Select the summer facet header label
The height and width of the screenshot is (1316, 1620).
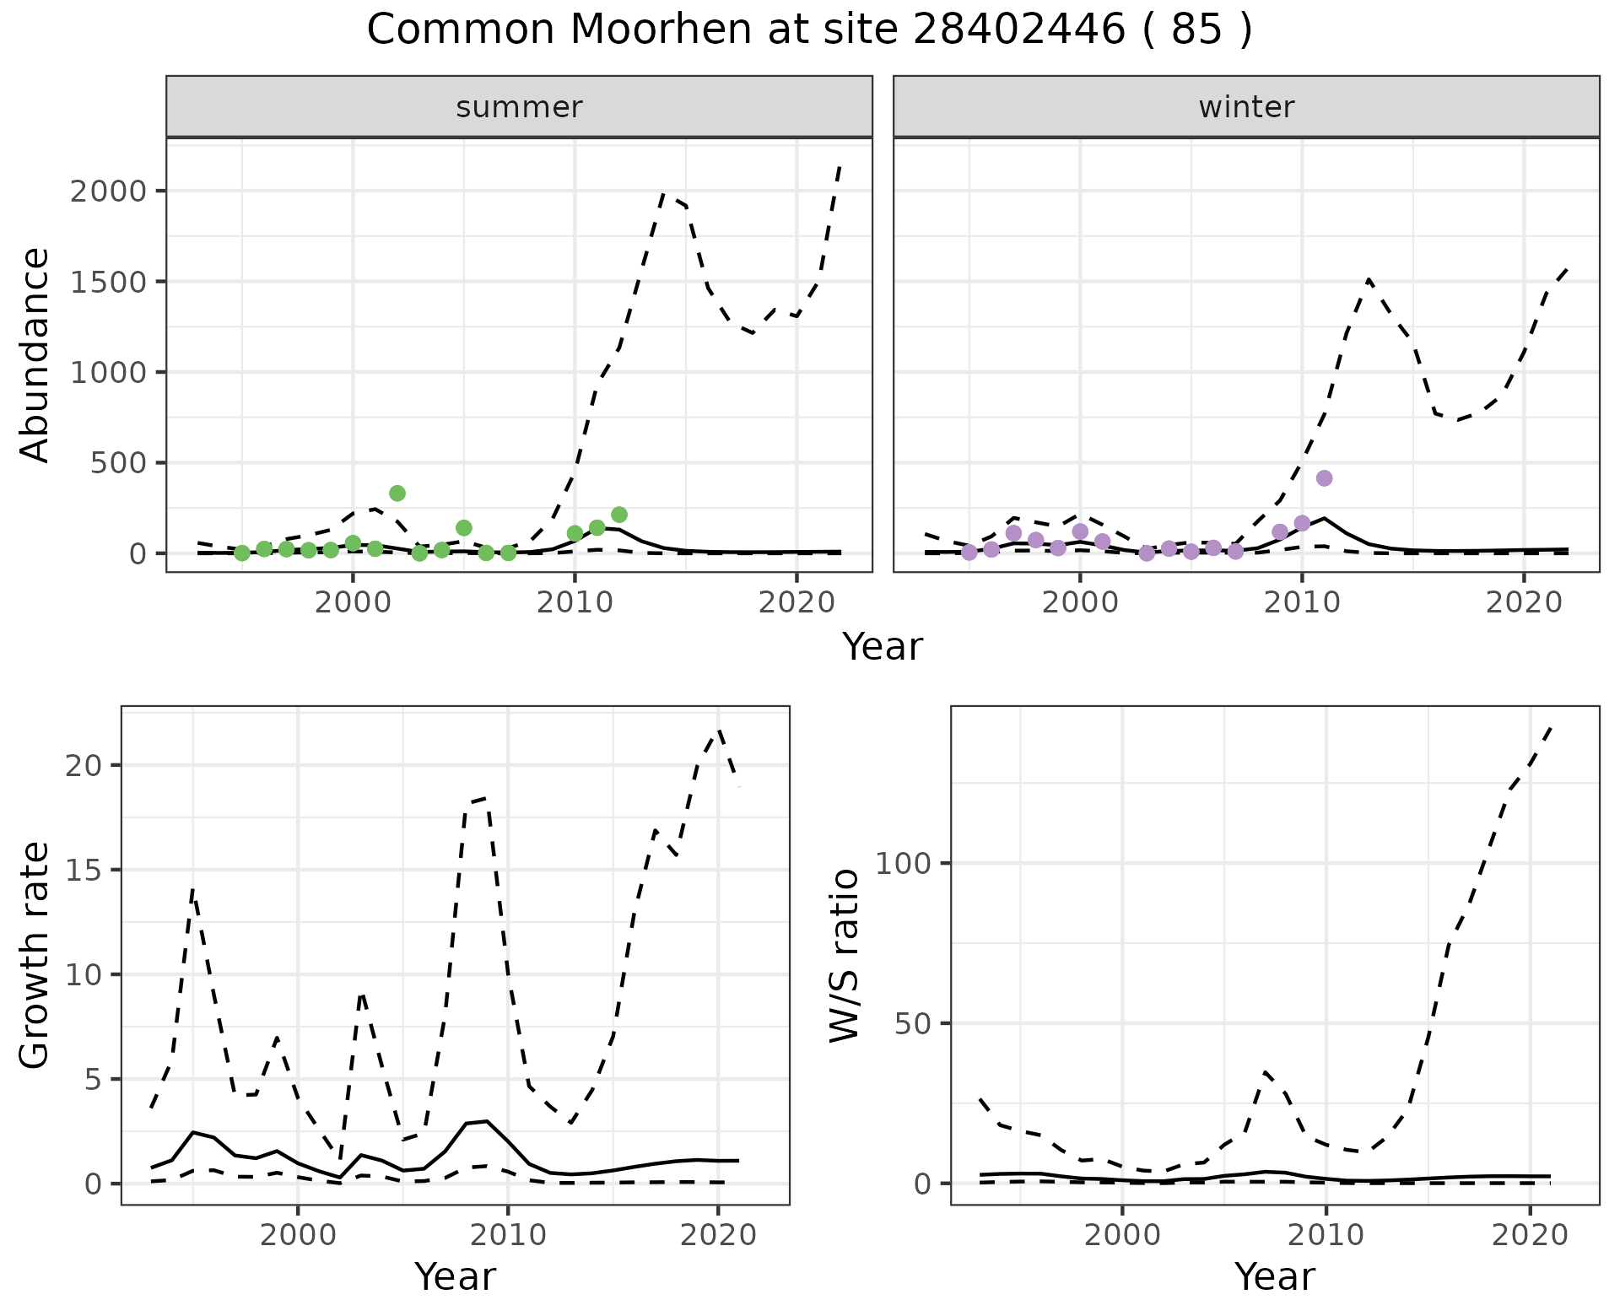click(x=519, y=107)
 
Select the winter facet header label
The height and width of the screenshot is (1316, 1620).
click(x=1246, y=107)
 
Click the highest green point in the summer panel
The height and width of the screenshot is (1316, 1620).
click(x=397, y=493)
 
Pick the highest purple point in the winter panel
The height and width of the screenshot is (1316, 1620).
click(x=1324, y=478)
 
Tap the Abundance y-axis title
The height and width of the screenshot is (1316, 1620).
click(x=35, y=354)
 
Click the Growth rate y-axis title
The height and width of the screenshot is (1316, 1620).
click(x=35, y=955)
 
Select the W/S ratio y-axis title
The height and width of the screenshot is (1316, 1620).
click(x=845, y=955)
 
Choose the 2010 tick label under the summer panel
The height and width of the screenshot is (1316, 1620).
click(x=575, y=602)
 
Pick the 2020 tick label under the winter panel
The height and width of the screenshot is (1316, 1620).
click(x=1523, y=602)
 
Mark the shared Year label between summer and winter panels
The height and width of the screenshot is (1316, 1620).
click(x=883, y=647)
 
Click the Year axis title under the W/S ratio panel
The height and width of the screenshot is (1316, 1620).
click(x=1274, y=1277)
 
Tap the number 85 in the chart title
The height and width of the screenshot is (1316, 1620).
click(x=1197, y=30)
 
